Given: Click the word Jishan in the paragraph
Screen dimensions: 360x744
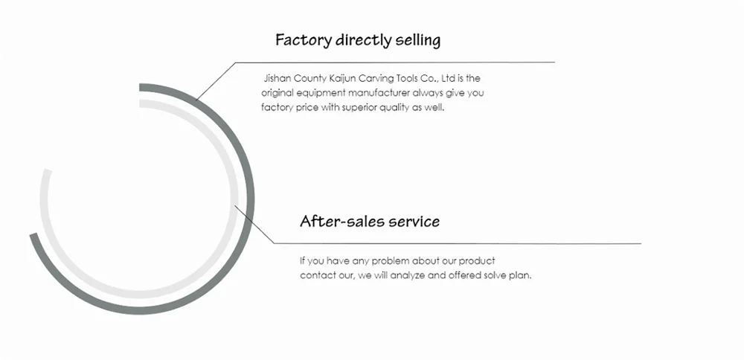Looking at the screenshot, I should pos(278,77).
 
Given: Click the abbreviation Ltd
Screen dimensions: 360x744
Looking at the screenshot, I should pos(449,77).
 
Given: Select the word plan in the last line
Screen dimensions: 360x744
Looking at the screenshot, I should pos(521,275).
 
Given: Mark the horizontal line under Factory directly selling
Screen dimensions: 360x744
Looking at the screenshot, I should pos(394,62).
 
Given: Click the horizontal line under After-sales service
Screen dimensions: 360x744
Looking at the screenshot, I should pos(458,243).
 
